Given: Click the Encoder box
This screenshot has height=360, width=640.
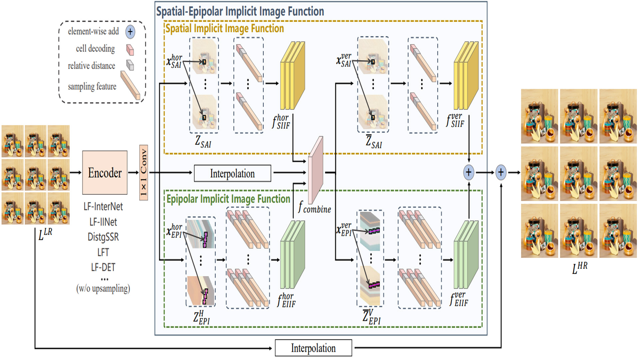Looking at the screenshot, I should pos(105,172).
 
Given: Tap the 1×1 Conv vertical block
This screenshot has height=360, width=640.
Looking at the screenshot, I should pos(143,172).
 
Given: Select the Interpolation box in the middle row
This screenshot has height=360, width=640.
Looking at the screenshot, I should pos(232,173).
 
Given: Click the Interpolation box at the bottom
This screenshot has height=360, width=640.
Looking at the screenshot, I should pos(313,348).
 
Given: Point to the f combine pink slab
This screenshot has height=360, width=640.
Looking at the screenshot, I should pos(315,170).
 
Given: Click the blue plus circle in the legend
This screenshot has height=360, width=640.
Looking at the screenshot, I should pos(130,32).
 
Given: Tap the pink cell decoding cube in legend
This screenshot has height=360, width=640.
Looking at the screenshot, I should pos(130,50).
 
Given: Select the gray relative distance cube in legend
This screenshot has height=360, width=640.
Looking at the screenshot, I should pos(130,65).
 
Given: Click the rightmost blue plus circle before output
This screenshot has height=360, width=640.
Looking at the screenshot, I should pos(501,172).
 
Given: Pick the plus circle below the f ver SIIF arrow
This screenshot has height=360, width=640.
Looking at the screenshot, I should pos(469,172).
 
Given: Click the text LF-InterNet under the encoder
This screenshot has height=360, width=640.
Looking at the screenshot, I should pos(103,207).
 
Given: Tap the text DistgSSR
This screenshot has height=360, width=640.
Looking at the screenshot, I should pos(103,237).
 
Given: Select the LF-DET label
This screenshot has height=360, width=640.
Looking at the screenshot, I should pos(103,267).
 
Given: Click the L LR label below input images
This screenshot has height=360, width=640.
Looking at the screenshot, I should pos(45,234).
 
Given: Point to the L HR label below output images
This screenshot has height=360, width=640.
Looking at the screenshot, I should pos(579,268).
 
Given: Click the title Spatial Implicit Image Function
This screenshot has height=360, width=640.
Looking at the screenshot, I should pos(225,29).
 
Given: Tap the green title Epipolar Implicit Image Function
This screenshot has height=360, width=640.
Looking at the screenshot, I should pos(228,199).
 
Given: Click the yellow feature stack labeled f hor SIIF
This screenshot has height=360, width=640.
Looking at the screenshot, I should pos(292,76).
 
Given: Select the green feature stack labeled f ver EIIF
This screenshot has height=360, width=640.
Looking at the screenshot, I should pos(466,255).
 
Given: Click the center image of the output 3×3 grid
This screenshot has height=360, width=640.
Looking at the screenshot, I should pos(579,174).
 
